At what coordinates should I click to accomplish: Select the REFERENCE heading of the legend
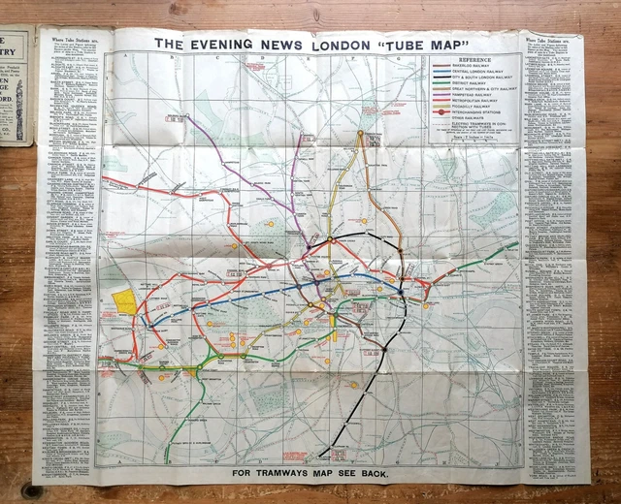click(x=475, y=58)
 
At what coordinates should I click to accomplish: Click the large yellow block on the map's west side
click(x=125, y=302)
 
